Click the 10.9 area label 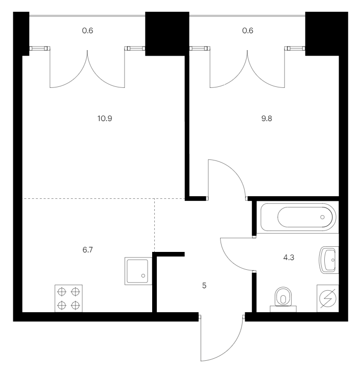pyautogui.click(x=105, y=118)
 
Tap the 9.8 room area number pyautogui.click(x=267, y=118)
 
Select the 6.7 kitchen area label pyautogui.click(x=87, y=249)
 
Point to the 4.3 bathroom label pyautogui.click(x=289, y=257)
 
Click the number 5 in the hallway pyautogui.click(x=204, y=286)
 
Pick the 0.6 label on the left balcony pyautogui.click(x=87, y=31)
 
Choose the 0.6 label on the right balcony pyautogui.click(x=248, y=31)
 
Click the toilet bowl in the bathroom pyautogui.click(x=283, y=299)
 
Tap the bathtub pyautogui.click(x=298, y=217)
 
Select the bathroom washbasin pyautogui.click(x=329, y=260)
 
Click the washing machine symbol pyautogui.click(x=328, y=298)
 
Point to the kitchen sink pyautogui.click(x=138, y=271)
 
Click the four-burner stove pyautogui.click(x=68, y=298)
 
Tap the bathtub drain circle pyautogui.click(x=322, y=217)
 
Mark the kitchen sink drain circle pyautogui.click(x=143, y=276)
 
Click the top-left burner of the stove pyautogui.click(x=62, y=292)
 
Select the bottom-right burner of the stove pyautogui.click(x=76, y=306)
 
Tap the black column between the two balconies pyautogui.click(x=167, y=34)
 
